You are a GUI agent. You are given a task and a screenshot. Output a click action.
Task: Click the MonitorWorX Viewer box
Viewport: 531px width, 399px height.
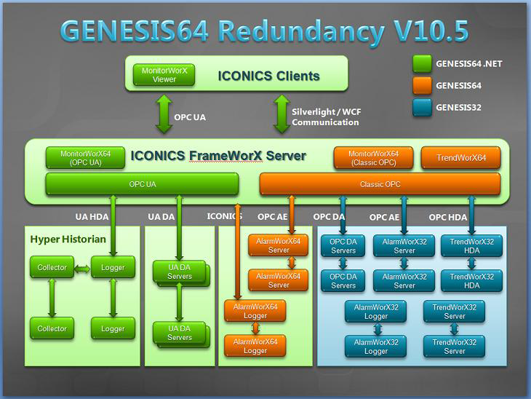coord(164,75)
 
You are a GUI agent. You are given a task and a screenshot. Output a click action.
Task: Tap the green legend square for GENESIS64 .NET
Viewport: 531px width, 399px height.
coord(421,63)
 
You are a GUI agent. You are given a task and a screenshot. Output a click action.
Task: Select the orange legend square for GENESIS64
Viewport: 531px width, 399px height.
coord(421,85)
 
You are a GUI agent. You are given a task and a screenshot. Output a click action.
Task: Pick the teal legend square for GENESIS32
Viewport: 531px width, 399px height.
coord(421,107)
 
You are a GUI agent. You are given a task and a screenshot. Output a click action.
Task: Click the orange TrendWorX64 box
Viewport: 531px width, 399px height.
coord(460,158)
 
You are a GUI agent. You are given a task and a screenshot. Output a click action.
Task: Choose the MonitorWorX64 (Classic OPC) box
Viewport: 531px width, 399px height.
coord(373,158)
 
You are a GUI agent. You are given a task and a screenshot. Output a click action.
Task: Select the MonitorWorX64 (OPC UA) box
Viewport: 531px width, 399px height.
coord(85,158)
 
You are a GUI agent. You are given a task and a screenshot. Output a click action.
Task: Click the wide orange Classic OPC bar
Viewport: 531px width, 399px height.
coord(380,184)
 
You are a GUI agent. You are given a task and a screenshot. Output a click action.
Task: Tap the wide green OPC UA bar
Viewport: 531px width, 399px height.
coord(142,184)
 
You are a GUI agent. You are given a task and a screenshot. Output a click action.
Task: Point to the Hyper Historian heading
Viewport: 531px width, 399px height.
coord(68,239)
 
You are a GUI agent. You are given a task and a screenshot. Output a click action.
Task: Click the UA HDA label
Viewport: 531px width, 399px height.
coord(92,216)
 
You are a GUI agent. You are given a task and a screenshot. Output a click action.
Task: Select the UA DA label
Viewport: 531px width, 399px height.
coord(161,216)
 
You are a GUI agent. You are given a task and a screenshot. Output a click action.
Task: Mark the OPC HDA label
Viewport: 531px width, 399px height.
coord(447,217)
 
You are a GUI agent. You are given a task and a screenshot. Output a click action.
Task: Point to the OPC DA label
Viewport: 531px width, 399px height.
coord(329,217)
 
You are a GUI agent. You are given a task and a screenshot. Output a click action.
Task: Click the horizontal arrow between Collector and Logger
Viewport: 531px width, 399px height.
coord(82,268)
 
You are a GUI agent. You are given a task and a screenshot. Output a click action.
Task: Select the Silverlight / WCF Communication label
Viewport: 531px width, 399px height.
coord(325,117)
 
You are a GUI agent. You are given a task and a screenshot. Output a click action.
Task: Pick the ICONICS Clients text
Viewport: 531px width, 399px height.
coord(268,76)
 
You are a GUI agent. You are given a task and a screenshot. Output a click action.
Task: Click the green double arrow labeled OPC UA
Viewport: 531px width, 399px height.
coord(164,116)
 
